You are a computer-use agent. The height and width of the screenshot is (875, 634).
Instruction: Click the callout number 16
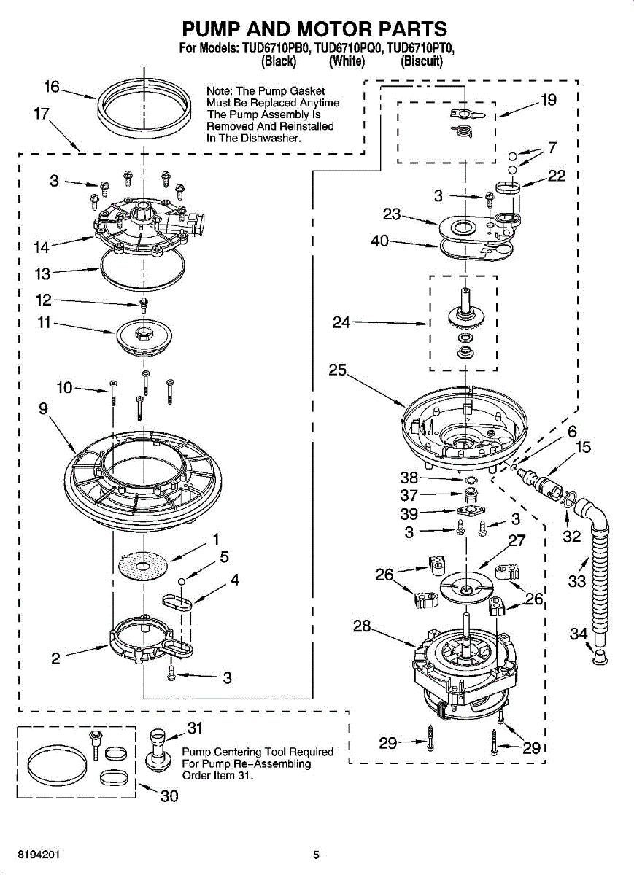[52, 87]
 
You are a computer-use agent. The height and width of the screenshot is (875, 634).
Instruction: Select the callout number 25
[337, 370]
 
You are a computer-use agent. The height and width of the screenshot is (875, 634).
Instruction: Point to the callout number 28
[362, 626]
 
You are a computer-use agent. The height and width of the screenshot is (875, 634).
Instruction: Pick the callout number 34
[578, 634]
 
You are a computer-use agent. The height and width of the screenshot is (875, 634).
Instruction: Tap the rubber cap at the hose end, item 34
[599, 658]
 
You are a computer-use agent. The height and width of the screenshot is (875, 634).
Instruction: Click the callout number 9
[44, 409]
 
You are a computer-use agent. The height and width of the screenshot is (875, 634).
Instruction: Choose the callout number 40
[380, 241]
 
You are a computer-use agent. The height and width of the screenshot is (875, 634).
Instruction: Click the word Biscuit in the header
[422, 62]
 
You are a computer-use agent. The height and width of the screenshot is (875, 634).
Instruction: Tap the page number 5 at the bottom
[316, 855]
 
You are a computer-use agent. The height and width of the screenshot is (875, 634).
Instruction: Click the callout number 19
[548, 100]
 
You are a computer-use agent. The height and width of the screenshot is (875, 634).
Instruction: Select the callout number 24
[341, 322]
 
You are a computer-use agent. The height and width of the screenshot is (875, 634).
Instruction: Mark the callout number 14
[42, 247]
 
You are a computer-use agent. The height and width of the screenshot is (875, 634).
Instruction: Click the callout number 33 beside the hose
[577, 581]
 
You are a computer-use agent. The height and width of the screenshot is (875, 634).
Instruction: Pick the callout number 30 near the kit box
[169, 796]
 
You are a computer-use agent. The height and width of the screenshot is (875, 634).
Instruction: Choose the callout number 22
[556, 176]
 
